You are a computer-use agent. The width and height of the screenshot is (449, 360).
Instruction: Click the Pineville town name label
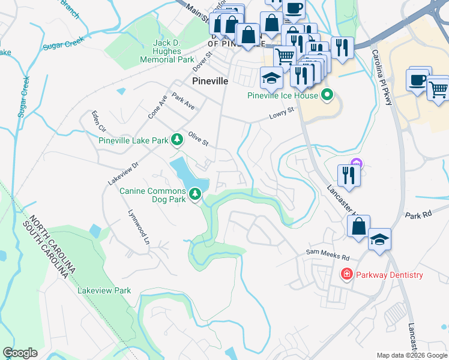(209, 81)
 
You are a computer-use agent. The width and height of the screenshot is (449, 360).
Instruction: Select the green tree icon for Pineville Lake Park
(176, 140)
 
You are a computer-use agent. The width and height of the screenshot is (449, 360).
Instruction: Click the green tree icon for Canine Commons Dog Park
(195, 194)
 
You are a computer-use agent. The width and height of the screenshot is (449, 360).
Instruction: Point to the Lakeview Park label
(104, 290)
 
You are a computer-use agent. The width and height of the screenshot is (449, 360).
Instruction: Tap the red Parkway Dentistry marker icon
(347, 275)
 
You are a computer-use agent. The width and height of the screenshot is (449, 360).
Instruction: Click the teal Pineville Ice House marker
(327, 95)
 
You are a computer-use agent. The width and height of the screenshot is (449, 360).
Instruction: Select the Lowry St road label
(282, 112)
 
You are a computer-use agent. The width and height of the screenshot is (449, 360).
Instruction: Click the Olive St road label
(197, 138)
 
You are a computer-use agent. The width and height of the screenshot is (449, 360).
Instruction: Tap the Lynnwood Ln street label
(138, 227)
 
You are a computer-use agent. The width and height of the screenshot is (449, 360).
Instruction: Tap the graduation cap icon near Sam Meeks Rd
(379, 239)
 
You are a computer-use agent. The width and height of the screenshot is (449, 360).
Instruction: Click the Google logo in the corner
(20, 353)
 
